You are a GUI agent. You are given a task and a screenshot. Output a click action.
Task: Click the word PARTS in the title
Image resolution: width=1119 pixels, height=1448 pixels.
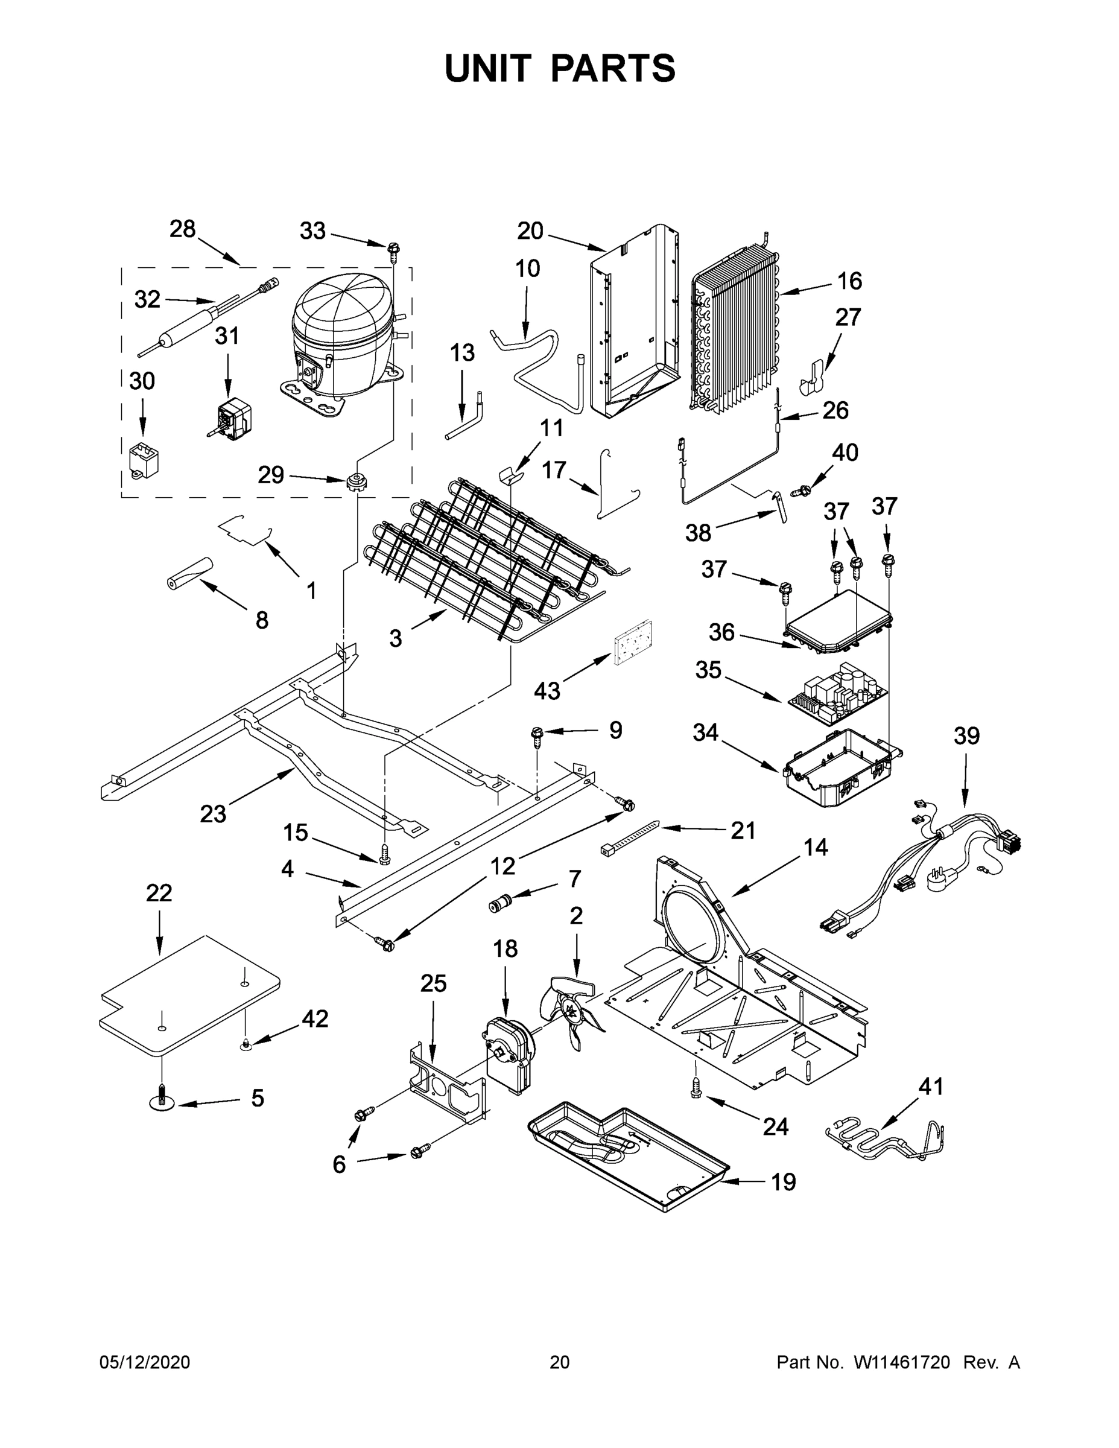[613, 68]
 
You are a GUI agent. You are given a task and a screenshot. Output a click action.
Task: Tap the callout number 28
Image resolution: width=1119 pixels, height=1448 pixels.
[182, 229]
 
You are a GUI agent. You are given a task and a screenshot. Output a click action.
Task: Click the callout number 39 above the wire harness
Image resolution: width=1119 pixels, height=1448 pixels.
[966, 736]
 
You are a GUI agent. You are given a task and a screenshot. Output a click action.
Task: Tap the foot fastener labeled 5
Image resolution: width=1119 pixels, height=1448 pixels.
[162, 1102]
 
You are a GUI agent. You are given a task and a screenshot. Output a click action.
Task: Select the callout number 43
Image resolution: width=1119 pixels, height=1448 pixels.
[547, 691]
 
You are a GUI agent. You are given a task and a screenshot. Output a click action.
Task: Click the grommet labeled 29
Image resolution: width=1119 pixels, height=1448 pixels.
[357, 481]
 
